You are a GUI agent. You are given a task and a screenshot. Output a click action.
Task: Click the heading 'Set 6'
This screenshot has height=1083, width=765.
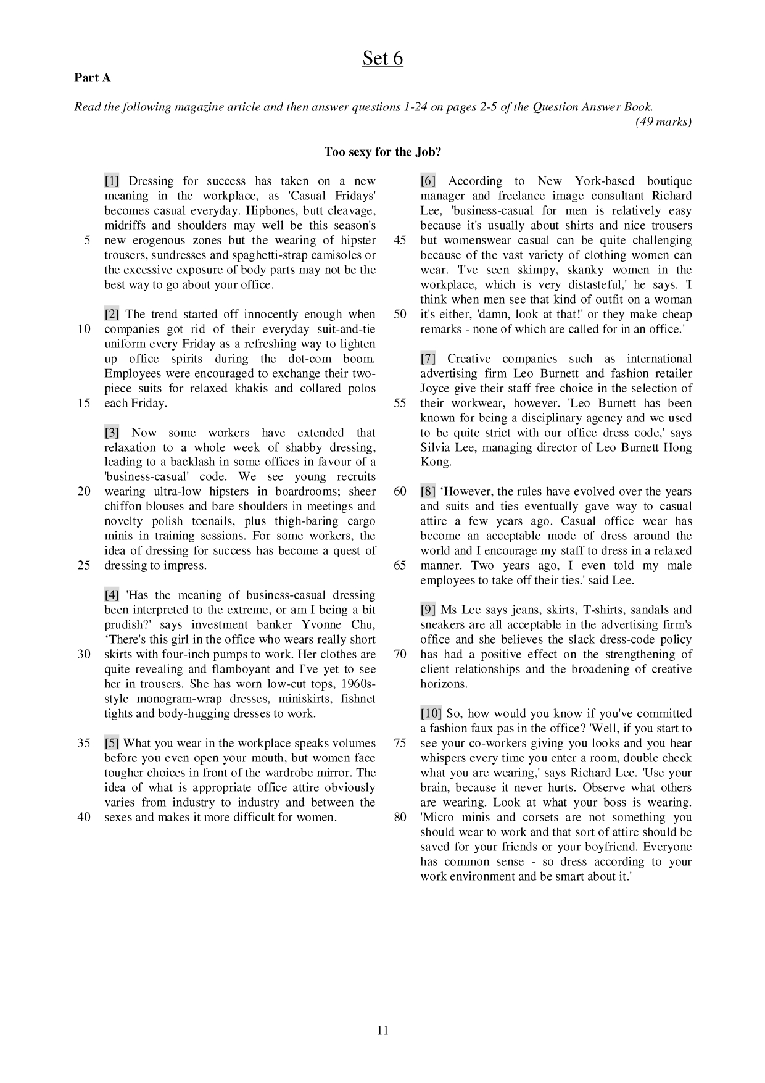pos(382,58)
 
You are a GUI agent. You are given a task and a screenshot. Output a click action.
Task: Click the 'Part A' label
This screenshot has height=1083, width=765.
pos(93,78)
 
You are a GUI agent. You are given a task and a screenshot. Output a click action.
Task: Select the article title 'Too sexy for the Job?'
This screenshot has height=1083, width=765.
pos(382,152)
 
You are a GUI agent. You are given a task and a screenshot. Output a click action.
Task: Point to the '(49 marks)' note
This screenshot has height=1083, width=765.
pos(663,122)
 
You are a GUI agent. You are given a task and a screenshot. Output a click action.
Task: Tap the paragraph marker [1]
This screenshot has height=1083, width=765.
pos(112,181)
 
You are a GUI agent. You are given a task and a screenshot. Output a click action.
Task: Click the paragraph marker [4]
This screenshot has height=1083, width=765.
pos(112,595)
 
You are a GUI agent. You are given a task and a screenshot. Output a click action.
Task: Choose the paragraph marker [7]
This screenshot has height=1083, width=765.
pos(428,359)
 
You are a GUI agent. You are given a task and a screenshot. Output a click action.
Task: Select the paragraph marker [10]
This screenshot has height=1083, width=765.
pos(431,713)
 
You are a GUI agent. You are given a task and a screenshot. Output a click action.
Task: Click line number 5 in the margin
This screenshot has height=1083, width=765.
pos(87,240)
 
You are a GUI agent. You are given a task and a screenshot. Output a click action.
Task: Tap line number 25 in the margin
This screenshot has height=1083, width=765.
pos(84,565)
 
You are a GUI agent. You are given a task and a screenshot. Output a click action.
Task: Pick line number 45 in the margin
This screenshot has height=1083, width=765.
pos(400,240)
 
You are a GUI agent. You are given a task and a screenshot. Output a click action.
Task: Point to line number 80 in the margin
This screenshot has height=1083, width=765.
pos(400,817)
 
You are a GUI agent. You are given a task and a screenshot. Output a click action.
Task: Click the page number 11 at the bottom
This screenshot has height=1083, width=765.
pos(382,1030)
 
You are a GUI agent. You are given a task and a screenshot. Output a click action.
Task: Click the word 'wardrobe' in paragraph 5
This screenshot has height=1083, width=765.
pos(299,773)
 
